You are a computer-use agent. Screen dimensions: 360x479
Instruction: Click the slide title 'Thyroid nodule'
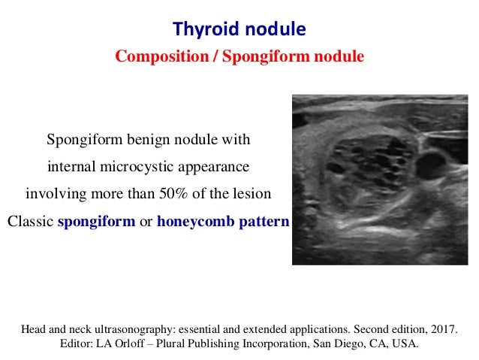coord(239,29)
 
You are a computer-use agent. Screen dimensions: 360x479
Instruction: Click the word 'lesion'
coord(252,193)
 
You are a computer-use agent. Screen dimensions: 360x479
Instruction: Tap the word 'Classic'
coord(30,222)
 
